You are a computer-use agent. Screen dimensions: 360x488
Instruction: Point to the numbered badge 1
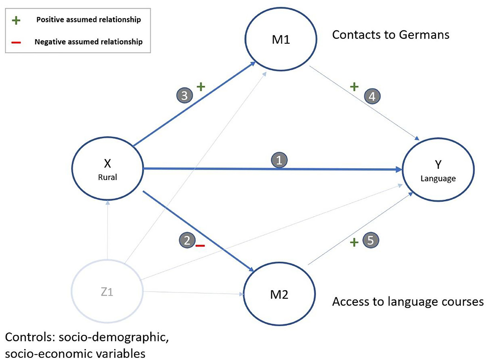(x=279, y=160)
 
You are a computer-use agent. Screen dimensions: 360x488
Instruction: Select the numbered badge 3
(x=185, y=95)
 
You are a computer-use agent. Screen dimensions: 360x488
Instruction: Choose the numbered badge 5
(x=370, y=241)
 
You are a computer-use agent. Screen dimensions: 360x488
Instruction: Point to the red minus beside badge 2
(x=200, y=246)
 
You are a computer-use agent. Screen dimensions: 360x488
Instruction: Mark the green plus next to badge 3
(x=201, y=87)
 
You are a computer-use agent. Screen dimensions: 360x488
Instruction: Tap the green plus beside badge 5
(x=354, y=243)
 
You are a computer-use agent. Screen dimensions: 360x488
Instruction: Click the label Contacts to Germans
(x=390, y=35)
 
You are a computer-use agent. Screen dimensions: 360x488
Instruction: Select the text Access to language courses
(x=407, y=301)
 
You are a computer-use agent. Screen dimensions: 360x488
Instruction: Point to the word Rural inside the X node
(x=108, y=177)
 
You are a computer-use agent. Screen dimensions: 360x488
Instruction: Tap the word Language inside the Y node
(x=438, y=178)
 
